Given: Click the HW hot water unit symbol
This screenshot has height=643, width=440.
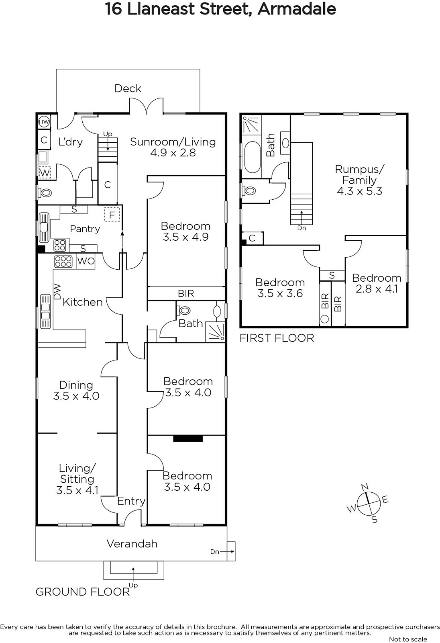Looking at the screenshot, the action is pos(44,122).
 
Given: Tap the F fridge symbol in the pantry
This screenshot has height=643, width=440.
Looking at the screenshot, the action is pos(112,215).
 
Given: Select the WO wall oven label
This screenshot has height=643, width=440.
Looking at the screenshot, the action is pos(86,261).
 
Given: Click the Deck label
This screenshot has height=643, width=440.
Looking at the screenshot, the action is pos(128,88).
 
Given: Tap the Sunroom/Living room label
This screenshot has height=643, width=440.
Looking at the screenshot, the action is pos(173,142).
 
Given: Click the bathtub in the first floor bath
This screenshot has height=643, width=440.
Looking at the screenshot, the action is pos(253,157).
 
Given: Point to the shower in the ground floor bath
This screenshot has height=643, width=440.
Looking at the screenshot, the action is pos(215,333).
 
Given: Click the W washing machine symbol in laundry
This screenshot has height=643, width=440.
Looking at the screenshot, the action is pos(45,172).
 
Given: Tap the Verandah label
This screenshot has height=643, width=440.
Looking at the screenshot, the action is pos(132,544).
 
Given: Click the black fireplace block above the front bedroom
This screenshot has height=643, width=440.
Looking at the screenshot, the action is pos(188,438).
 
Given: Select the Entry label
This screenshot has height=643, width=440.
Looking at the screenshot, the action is pos(131,501).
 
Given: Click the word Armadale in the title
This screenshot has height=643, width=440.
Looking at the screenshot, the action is pos(297,9).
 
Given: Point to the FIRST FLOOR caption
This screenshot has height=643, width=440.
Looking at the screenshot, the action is pos(277,338).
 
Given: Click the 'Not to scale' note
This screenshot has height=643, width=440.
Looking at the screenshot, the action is pos(408,639).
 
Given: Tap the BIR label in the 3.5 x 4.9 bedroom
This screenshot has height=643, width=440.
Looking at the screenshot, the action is pos(186,293).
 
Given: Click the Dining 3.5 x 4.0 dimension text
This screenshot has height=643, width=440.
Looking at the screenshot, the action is pos(76,396).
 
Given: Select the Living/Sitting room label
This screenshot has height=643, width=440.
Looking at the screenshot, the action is pos(77,473).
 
